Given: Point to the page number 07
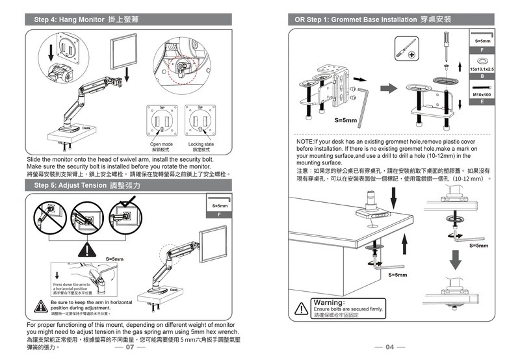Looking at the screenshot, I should pyautogui.click(x=130, y=346).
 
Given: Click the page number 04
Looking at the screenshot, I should pyautogui.click(x=390, y=346).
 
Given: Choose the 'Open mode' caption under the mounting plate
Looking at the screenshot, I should pyautogui.click(x=161, y=144).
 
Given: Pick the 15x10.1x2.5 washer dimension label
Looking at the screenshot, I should pyautogui.click(x=482, y=69).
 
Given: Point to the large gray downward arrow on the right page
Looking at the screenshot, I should pyautogui.click(x=456, y=260).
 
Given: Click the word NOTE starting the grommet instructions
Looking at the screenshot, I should pyautogui.click(x=305, y=141).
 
